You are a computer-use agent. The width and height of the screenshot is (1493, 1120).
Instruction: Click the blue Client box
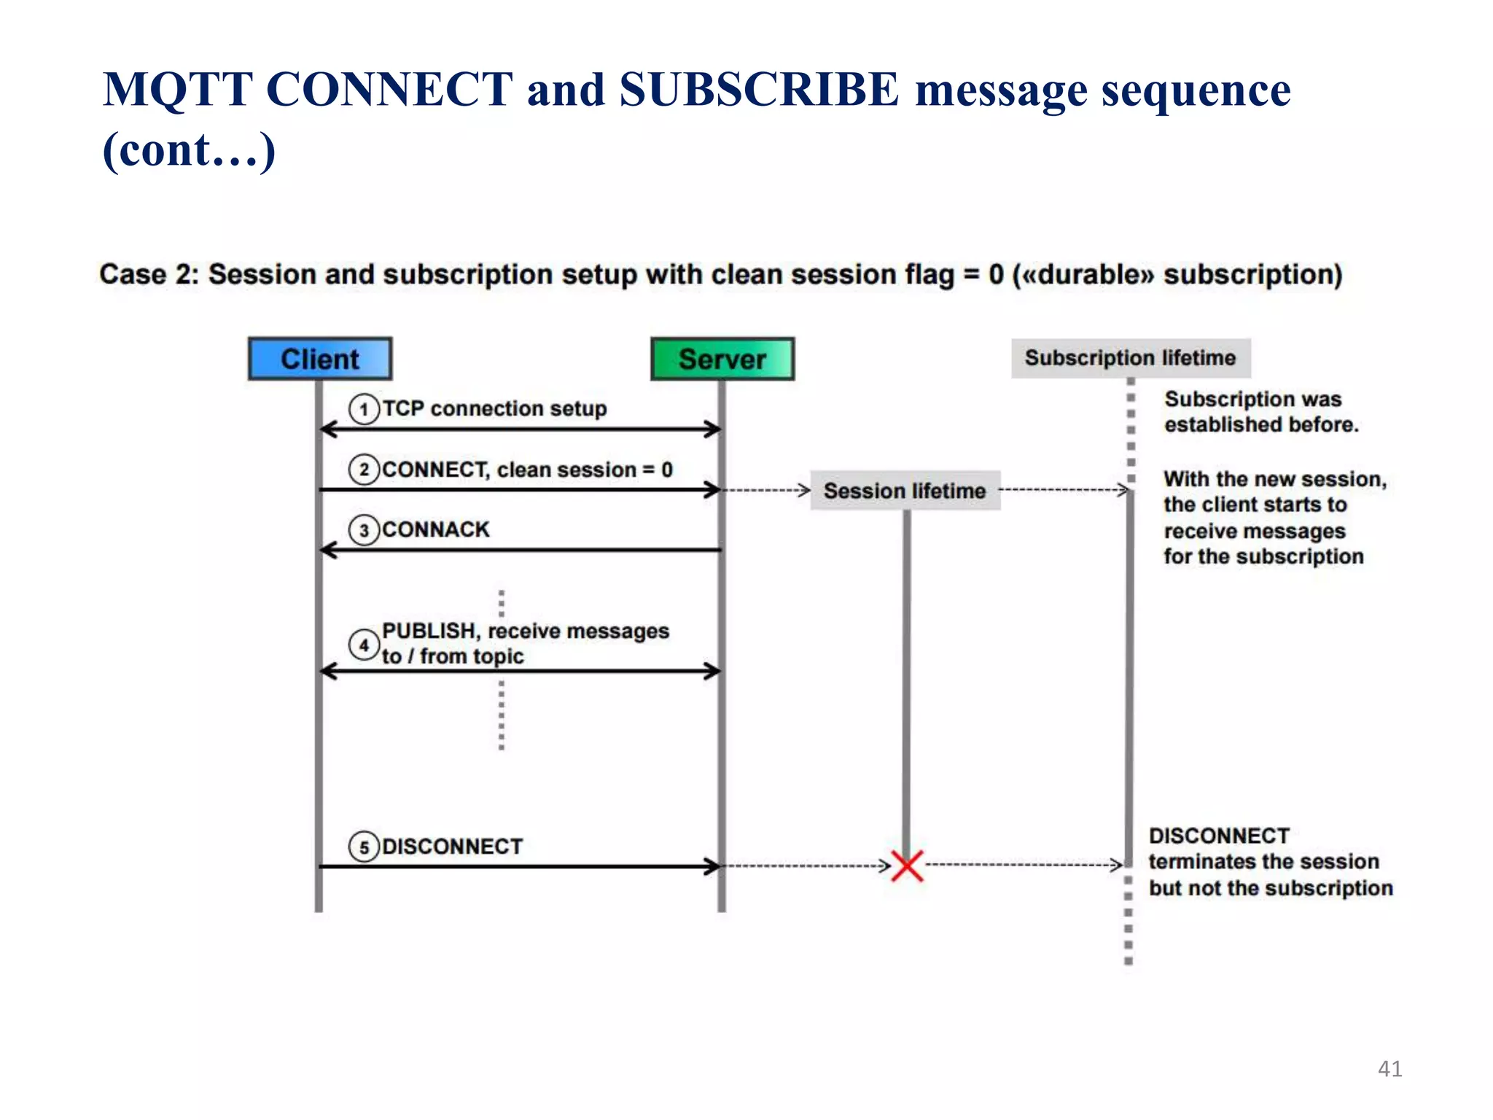(320, 359)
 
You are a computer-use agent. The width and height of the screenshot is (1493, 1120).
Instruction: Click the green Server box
(722, 359)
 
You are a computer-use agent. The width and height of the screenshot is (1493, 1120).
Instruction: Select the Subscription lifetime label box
(1130, 358)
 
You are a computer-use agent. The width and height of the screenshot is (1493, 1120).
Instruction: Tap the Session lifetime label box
(905, 491)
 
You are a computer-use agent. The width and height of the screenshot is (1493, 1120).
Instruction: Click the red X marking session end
(907, 866)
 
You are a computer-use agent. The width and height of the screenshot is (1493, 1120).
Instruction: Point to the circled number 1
(364, 409)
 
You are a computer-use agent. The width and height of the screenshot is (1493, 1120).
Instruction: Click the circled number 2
(364, 470)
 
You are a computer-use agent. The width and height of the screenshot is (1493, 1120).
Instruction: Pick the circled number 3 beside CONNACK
(364, 530)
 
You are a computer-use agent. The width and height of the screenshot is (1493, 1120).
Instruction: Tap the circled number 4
(363, 645)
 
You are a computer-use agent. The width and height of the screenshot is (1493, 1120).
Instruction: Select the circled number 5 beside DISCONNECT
(364, 847)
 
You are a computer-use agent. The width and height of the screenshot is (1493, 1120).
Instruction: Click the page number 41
(1389, 1069)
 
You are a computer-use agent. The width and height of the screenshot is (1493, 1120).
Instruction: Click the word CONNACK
(435, 529)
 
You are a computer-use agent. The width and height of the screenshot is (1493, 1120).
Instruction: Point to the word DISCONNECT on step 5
(452, 847)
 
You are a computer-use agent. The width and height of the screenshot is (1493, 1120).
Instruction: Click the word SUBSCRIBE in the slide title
(759, 90)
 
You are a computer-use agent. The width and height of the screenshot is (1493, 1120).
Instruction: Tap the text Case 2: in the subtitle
(149, 275)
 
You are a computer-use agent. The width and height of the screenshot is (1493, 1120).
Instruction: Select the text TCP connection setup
(494, 408)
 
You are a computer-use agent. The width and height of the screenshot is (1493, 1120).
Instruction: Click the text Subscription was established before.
(1260, 412)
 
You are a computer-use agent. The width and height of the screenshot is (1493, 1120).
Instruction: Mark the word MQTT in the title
(177, 90)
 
